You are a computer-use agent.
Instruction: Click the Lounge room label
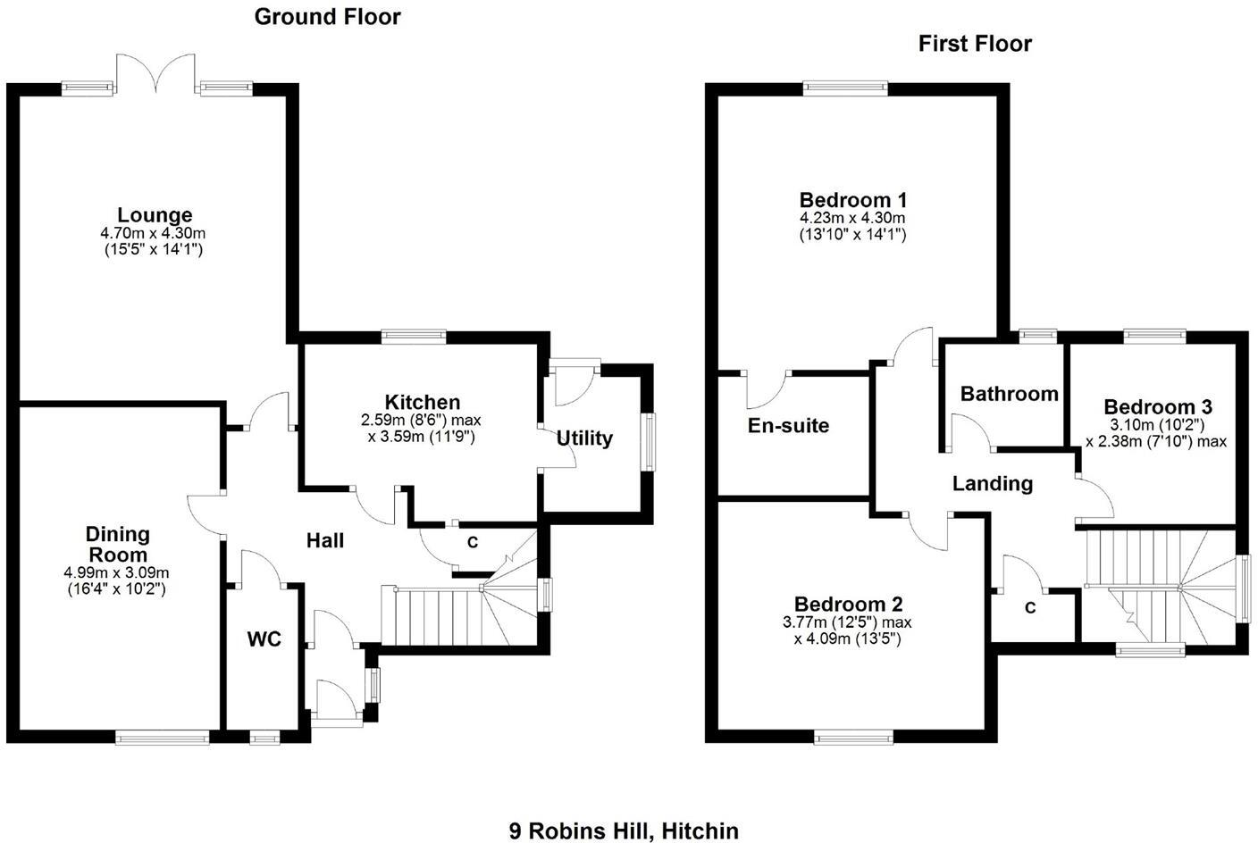click(155, 215)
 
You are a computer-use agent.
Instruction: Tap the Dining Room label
click(117, 544)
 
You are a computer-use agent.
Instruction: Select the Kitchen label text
click(423, 402)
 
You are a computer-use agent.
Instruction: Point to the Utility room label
click(584, 438)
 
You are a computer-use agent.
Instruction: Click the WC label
click(264, 639)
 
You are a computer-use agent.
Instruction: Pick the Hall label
click(325, 540)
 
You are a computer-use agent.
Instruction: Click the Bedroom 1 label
click(852, 199)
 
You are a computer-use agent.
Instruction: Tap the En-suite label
click(788, 426)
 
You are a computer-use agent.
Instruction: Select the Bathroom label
click(1009, 394)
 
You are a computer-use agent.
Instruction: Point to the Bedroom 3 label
click(1156, 407)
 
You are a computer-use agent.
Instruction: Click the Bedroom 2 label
click(848, 604)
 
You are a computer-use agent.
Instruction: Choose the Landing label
click(992, 484)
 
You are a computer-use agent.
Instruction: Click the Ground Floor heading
click(328, 16)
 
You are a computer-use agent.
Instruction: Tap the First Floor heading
click(975, 44)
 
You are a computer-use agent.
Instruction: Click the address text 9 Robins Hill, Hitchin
click(624, 831)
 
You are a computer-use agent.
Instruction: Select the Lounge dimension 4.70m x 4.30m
click(153, 233)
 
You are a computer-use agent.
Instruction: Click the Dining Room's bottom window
click(163, 738)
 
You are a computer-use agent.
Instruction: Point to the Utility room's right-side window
click(650, 441)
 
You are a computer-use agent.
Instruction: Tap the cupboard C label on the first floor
click(1030, 608)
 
